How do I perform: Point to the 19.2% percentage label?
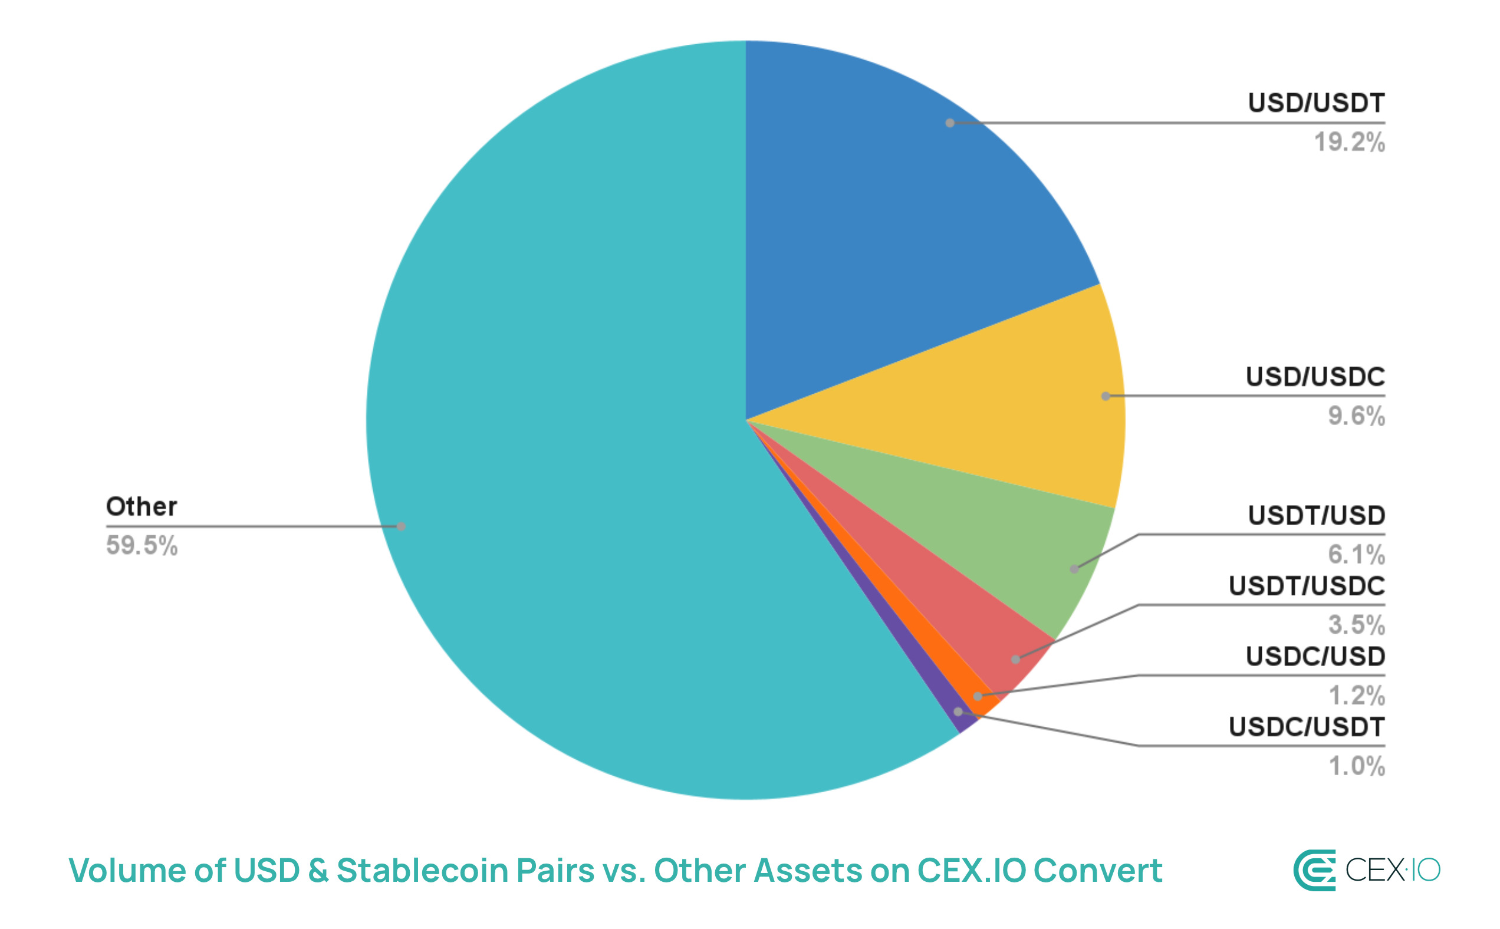click(1349, 143)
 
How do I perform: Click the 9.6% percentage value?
click(1356, 416)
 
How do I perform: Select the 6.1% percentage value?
click(1356, 555)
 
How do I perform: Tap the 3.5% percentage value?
click(1356, 625)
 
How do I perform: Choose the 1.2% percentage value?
click(1356, 696)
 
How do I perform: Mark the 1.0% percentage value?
click(1356, 766)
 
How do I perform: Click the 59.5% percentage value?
click(142, 546)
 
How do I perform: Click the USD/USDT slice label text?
click(1315, 103)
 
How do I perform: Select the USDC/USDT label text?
click(1307, 727)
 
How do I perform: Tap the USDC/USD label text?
click(1315, 657)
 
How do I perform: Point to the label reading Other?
click(142, 507)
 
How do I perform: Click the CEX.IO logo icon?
click(1314, 870)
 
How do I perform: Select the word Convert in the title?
click(1097, 871)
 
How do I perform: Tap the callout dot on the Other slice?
click(401, 526)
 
